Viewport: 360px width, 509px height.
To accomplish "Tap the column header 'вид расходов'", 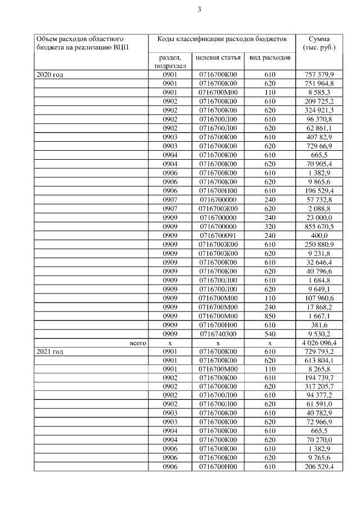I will (x=270, y=57).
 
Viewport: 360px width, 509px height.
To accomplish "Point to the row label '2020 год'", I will (x=49, y=74).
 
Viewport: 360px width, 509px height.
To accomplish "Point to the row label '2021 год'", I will (x=49, y=351).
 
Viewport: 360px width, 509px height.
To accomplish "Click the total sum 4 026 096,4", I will (x=319, y=342).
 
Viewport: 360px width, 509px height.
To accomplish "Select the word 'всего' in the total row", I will (x=138, y=342).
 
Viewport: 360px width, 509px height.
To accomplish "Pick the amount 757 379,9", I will (x=319, y=74).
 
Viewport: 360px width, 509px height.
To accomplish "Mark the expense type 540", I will (x=269, y=333).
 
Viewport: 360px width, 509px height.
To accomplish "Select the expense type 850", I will (x=269, y=315).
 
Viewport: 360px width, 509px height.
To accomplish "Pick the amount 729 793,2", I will (x=319, y=351).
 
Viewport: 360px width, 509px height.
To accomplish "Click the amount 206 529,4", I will (x=319, y=467).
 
